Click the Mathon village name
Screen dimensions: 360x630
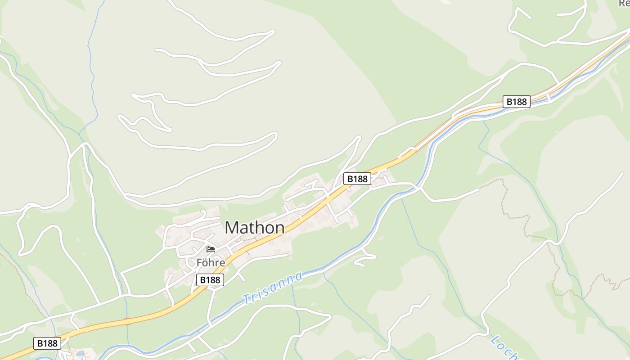point(254,228)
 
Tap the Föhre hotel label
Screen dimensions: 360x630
point(211,261)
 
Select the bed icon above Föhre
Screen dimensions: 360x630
point(211,249)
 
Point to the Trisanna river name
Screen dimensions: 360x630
point(272,288)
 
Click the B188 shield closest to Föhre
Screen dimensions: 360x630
point(210,280)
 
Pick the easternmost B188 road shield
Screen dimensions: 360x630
point(516,102)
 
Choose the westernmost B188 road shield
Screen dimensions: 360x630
point(47,343)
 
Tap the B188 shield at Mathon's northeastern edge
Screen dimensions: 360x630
point(357,179)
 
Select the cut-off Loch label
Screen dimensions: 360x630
point(504,347)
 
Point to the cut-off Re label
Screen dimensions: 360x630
point(624,4)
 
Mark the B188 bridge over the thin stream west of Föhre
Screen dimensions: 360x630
point(127,321)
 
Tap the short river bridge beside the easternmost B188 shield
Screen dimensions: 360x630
point(548,97)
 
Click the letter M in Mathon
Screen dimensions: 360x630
point(234,228)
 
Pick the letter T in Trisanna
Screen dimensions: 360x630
point(246,298)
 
